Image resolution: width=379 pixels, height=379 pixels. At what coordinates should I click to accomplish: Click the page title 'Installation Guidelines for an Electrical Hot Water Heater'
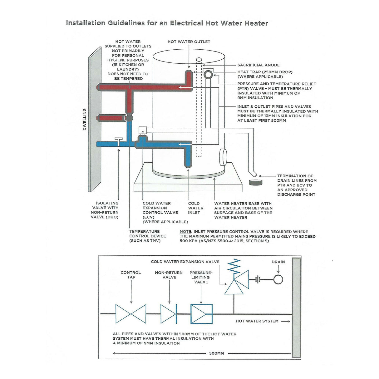click(x=167, y=23)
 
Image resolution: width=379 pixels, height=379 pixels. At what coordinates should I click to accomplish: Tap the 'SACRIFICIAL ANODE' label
click(x=258, y=65)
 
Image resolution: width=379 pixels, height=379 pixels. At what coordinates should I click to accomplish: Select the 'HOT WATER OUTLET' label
click(x=189, y=42)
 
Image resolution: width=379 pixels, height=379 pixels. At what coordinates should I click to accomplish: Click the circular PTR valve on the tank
click(x=208, y=74)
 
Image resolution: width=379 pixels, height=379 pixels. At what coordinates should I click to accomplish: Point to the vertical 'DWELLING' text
click(x=85, y=119)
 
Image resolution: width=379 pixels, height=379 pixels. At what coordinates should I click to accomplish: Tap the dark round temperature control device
click(x=129, y=118)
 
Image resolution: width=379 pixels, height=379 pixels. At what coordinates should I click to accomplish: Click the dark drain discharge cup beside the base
click(x=256, y=182)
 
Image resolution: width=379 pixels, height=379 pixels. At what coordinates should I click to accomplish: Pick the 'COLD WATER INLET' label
click(x=195, y=208)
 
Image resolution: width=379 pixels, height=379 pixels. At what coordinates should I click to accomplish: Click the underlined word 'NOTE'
click(x=185, y=232)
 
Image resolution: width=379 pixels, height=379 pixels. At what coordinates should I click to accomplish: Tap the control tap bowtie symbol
click(x=131, y=314)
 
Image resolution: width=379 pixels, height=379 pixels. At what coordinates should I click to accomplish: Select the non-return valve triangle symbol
click(x=169, y=314)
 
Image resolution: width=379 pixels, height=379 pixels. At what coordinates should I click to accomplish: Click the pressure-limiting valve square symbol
click(x=201, y=314)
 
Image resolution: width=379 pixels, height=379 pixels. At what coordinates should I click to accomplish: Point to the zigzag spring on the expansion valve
click(x=234, y=265)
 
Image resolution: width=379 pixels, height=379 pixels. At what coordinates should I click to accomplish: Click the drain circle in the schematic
click(x=278, y=279)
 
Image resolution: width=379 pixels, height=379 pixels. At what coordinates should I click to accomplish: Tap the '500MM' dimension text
click(x=216, y=353)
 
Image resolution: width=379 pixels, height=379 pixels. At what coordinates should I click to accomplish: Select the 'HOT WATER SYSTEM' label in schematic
click(x=257, y=321)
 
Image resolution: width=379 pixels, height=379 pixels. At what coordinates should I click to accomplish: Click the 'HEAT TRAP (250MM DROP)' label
click(x=265, y=72)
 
